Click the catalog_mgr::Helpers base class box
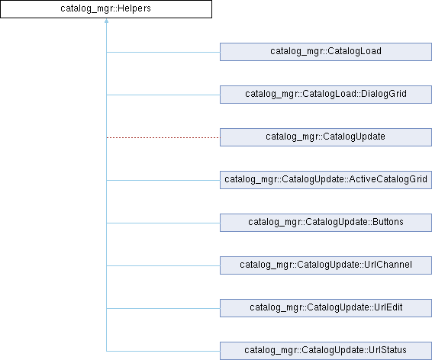106,9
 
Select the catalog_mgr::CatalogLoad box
326,52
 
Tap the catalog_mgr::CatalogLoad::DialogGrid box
326,95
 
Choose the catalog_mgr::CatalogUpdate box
326,137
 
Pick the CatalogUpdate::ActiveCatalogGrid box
326,180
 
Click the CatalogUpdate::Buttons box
326,223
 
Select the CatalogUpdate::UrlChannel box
326,265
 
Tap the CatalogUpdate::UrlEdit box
326,308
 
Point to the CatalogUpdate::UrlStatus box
326,351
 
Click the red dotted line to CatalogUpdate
163,137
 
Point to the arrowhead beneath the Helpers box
106,21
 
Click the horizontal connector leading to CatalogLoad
163,52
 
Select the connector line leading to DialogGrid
163,95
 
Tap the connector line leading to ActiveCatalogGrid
163,180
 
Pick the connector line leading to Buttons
163,223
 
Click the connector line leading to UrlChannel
163,265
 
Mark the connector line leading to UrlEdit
163,308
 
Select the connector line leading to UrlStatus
163,351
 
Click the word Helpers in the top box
134,8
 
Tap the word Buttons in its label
388,222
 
